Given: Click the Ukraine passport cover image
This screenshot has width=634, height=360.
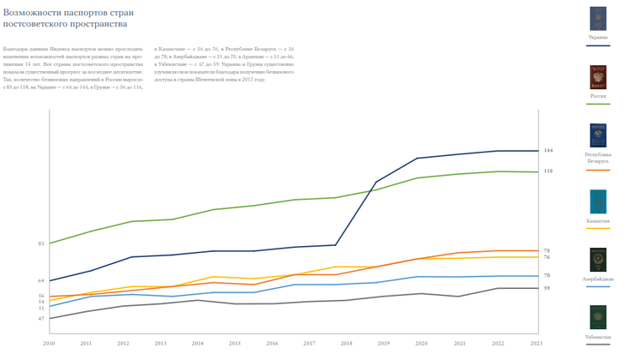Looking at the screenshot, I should [598, 19].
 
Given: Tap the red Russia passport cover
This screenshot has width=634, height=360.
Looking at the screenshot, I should [598, 77].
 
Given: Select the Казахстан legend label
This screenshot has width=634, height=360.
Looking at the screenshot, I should [598, 221].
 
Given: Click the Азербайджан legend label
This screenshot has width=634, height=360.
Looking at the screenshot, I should [598, 279].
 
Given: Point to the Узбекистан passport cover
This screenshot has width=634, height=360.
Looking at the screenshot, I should [598, 317].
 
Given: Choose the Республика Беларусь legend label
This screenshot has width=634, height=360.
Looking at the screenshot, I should [598, 159].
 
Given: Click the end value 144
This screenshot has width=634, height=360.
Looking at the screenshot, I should [548, 151].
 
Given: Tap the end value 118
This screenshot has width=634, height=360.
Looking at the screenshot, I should [548, 171].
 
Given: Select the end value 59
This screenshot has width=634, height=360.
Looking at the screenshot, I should [547, 288].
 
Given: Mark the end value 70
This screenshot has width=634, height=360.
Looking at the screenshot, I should [547, 276].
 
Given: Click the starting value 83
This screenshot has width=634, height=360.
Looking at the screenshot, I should [41, 244].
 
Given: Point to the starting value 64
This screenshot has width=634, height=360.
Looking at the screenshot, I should [41, 281].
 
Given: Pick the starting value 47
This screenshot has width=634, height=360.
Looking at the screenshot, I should [41, 319].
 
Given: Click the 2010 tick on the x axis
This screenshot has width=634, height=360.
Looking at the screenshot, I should [49, 344].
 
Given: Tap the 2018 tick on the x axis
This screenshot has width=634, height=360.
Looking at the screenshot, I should [346, 344].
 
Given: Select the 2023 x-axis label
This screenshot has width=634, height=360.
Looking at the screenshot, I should [536, 344].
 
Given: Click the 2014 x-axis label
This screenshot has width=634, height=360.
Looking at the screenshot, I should [198, 344].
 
